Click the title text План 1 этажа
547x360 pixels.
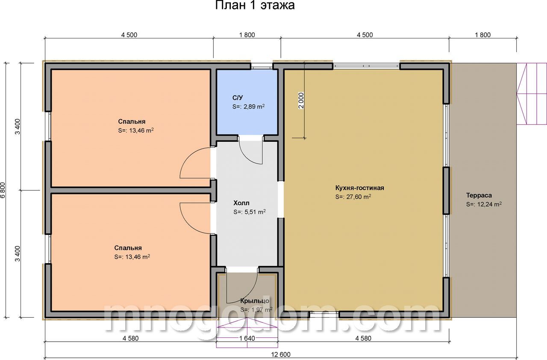pyautogui.click(x=255, y=5)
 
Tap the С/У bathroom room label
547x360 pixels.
pyautogui.click(x=238, y=98)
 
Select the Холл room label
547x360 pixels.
pyautogui.click(x=241, y=203)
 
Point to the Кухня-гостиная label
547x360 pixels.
pyautogui.click(x=359, y=188)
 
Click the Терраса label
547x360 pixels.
pyautogui.click(x=479, y=195)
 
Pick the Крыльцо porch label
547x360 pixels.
pyautogui.click(x=255, y=301)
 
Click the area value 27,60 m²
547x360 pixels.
pyautogui.click(x=359, y=197)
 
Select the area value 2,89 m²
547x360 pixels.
pyautogui.click(x=254, y=107)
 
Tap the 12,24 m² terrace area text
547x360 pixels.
pyautogui.click(x=489, y=204)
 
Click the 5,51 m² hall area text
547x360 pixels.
pyautogui.click(x=255, y=212)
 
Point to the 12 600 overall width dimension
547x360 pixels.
pyautogui.click(x=281, y=354)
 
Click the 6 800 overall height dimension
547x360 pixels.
pyautogui.click(x=3, y=190)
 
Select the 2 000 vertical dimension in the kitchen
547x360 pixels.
pyautogui.click(x=301, y=100)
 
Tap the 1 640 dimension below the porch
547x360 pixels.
pyautogui.click(x=247, y=338)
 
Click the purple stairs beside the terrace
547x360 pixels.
pyautogui.click(x=532, y=94)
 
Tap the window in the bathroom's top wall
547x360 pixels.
pyautogui.click(x=262, y=66)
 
